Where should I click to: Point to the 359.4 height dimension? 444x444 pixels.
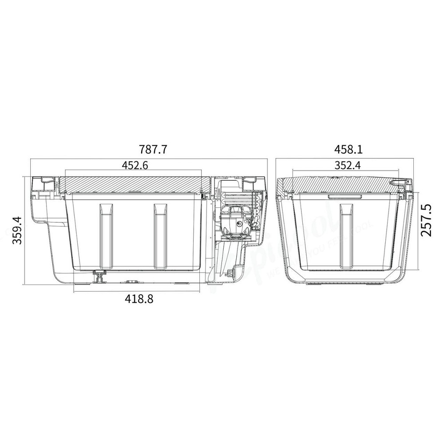click(x=16, y=230)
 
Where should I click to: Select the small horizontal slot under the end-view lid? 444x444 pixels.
click(x=344, y=196)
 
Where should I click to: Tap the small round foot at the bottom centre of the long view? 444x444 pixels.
click(x=132, y=281)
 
